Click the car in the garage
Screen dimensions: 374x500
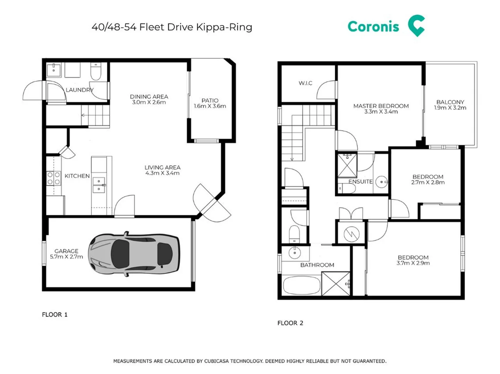134,254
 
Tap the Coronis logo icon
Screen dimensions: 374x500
416,26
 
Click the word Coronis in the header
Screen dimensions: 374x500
373,27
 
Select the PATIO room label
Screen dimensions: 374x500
210,100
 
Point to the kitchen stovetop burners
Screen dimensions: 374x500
54,178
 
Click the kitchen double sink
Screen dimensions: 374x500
99,185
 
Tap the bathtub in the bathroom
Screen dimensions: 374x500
302,285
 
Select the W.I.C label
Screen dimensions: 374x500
305,83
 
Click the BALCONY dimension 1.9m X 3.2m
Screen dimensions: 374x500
450,108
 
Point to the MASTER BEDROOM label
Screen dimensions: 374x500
381,106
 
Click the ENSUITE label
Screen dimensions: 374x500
361,181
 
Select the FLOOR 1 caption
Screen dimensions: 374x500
55,314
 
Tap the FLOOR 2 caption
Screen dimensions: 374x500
290,323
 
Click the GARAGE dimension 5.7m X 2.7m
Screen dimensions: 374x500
66,257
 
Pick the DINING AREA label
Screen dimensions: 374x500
149,97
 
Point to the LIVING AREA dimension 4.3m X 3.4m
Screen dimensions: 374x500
162,173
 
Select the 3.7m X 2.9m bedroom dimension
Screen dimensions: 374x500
413,263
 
